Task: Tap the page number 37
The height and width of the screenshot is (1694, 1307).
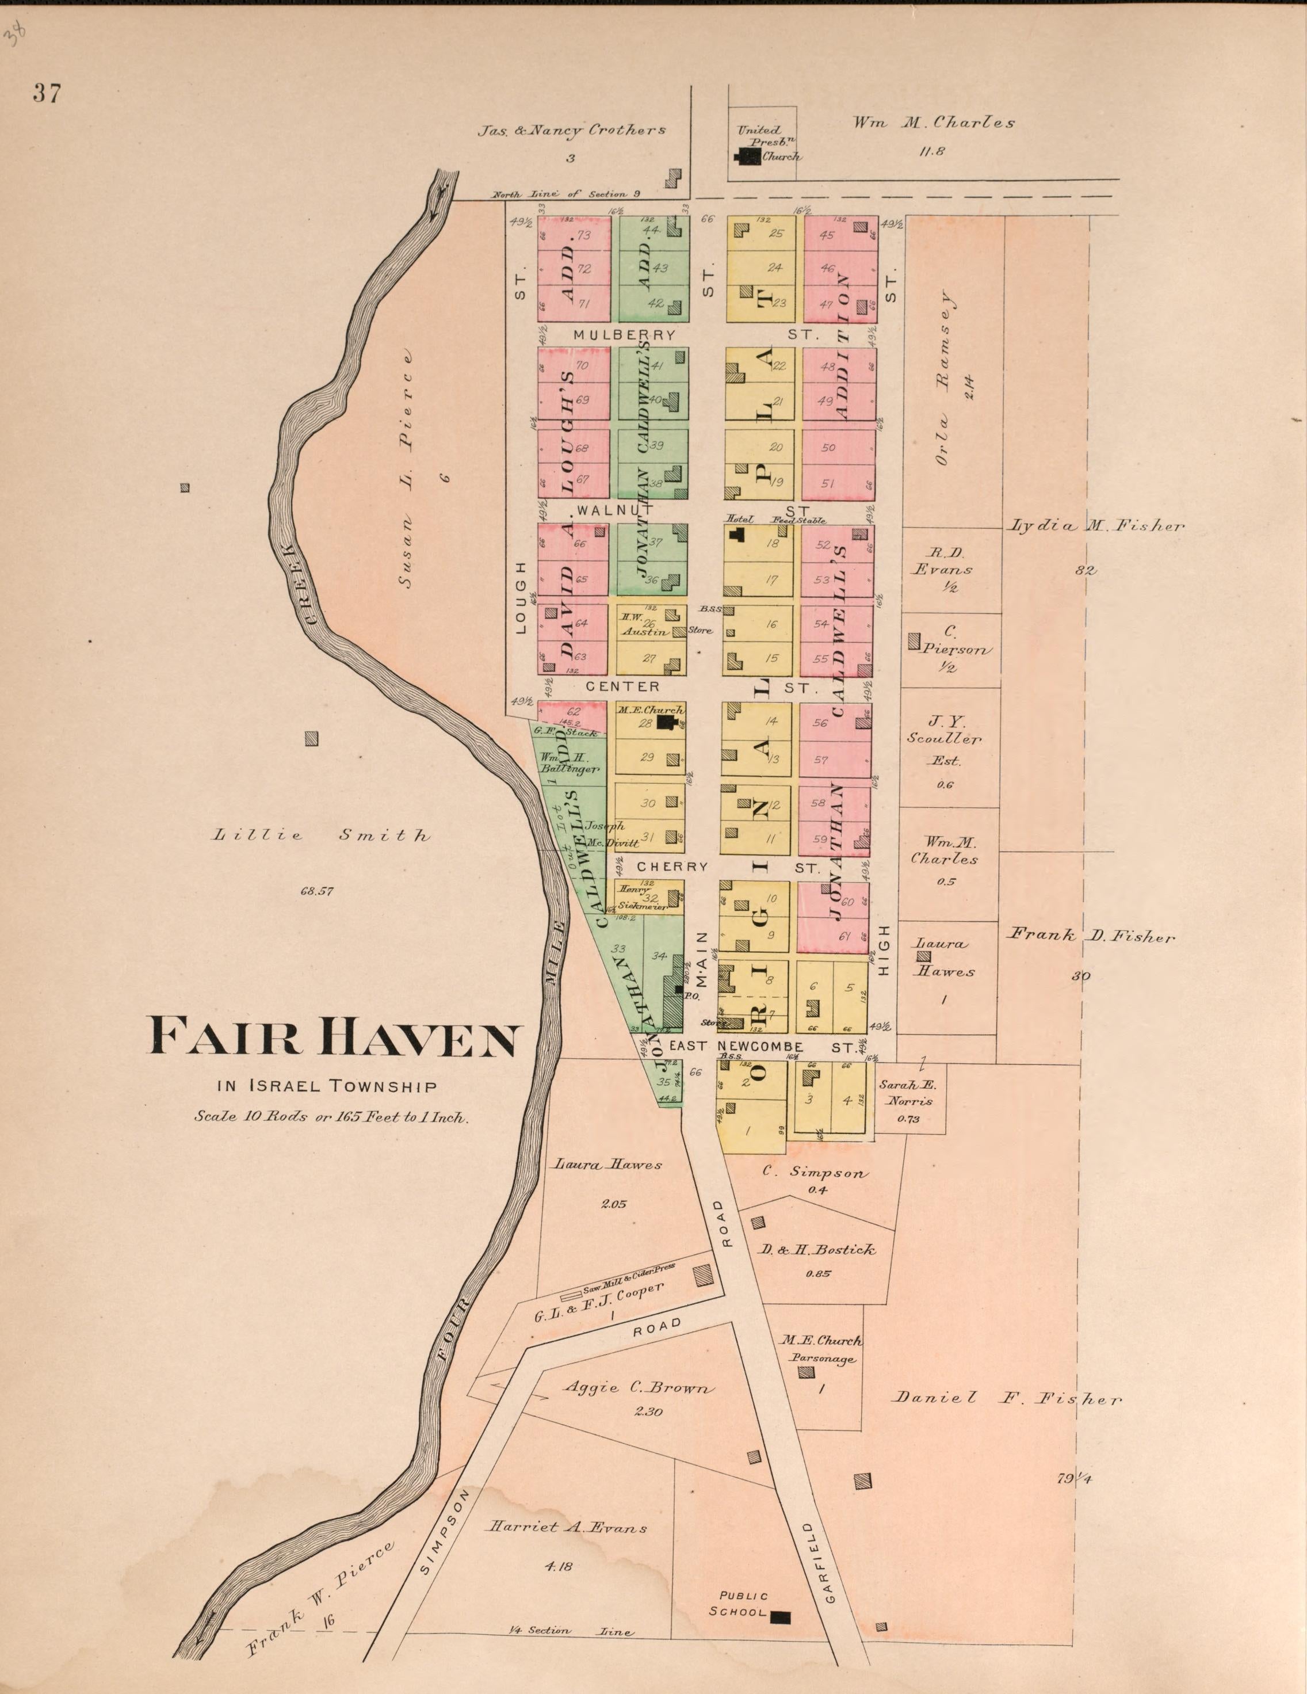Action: (x=47, y=94)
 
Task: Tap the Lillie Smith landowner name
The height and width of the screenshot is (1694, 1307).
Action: (x=321, y=835)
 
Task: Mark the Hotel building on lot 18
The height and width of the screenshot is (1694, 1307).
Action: (x=736, y=533)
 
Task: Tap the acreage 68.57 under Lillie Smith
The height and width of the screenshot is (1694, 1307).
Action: (x=316, y=891)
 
